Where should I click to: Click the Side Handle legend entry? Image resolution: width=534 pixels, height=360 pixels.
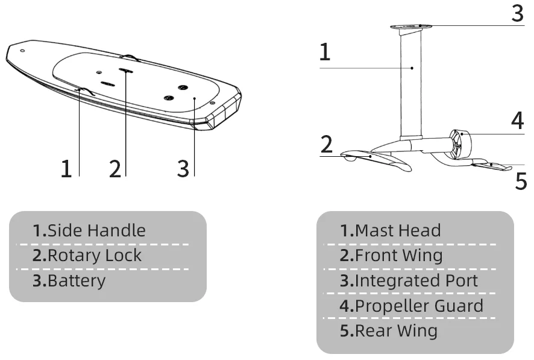point(89,230)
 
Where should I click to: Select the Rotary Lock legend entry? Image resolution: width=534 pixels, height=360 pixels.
point(87,255)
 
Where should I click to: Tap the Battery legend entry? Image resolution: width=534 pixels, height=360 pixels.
point(69,280)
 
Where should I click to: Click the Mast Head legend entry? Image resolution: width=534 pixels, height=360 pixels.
point(391,230)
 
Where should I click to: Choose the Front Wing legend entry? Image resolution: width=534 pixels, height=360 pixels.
point(391,255)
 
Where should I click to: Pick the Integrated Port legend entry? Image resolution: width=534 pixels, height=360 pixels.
point(409,280)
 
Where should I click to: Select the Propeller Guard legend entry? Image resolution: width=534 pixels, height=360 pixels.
point(412,306)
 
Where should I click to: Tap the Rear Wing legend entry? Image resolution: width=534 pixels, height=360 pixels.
point(388,330)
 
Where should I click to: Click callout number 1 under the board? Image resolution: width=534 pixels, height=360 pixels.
point(66,168)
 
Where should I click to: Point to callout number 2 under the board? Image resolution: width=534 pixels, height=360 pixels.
point(115,168)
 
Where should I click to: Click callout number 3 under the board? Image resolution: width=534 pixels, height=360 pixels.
point(183,168)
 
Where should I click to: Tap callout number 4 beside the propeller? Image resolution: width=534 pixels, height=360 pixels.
point(517,121)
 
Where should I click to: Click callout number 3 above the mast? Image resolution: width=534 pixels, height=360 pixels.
point(517,13)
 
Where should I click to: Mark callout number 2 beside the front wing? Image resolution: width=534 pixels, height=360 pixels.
point(326,145)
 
